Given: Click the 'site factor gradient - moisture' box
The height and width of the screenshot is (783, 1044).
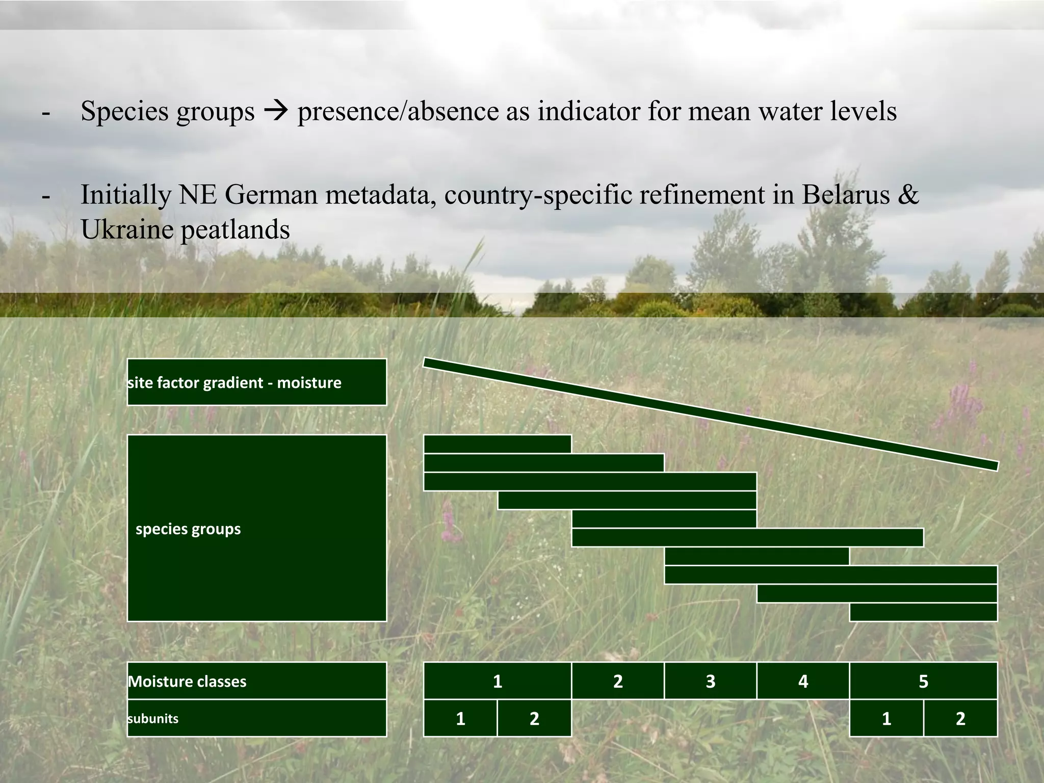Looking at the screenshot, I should pos(256,382).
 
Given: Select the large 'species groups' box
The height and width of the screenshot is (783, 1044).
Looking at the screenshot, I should pos(256,528).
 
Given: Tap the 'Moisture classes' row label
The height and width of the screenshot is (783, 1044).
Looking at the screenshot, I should pos(256,681).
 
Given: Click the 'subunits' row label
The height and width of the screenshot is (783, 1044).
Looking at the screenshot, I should pos(256,718).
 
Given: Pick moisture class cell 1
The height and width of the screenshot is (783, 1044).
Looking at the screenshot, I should pos(498,681).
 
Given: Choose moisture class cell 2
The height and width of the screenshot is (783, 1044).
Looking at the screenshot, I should pos(618,681).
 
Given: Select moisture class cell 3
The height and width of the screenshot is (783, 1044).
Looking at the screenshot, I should pos(711,681).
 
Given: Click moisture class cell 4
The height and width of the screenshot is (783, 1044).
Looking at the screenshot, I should pos(803,681).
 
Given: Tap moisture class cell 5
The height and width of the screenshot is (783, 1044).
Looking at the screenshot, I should pos(923,681).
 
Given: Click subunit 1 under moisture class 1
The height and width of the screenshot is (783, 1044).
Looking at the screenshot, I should pos(460,718).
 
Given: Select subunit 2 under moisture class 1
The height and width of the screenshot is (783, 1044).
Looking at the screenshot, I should pos(534,718).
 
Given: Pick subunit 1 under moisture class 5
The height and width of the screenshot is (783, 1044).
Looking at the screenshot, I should pos(886,718).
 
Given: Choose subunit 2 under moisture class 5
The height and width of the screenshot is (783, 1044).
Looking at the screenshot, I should pos(960,718).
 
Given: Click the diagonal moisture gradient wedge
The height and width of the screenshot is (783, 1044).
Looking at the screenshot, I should pos(710,414).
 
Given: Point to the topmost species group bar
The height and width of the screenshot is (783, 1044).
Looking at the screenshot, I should pos(498,444).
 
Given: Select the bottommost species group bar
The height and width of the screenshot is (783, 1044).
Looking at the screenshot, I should pos(923,612).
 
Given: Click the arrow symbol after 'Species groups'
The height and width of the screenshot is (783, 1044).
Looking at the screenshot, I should pos(276,112).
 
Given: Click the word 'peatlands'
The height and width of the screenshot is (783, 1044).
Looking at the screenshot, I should pos(235,229).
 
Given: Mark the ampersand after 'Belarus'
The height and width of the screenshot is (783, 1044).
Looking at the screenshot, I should pos(907,195).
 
